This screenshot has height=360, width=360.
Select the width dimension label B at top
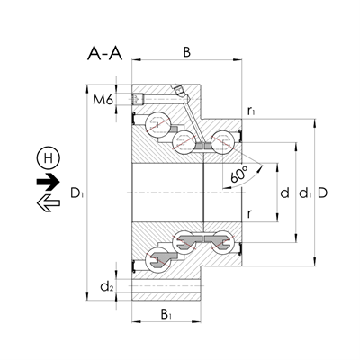pos(186,53)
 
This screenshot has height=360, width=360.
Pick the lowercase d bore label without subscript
pos(284,193)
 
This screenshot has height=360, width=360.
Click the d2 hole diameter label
pos(107,287)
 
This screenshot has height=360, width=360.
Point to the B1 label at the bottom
pos(166,314)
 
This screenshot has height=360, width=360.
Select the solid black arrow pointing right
pos(46,181)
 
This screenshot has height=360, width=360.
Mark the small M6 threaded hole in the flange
pos(139,99)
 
